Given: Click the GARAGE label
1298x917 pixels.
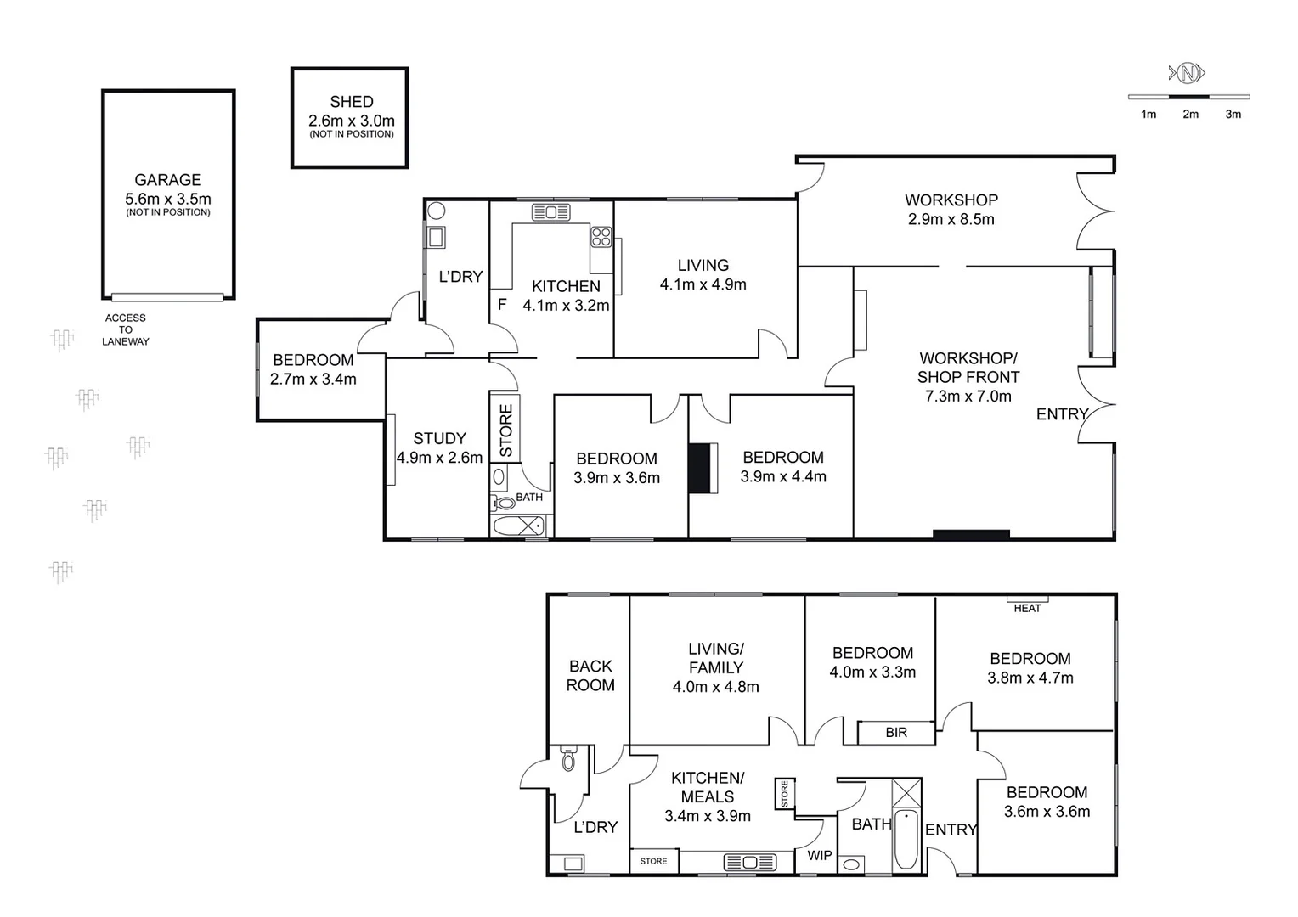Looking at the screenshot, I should pyautogui.click(x=167, y=180).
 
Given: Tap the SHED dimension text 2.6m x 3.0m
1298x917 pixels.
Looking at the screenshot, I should pyautogui.click(x=351, y=121).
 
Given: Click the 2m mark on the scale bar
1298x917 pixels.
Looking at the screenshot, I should pyautogui.click(x=1190, y=114).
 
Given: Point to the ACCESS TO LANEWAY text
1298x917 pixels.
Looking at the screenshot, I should pyautogui.click(x=125, y=329).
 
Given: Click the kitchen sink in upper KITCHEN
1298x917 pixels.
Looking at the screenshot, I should pyautogui.click(x=550, y=212).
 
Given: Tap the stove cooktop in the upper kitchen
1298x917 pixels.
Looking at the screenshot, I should pyautogui.click(x=601, y=236).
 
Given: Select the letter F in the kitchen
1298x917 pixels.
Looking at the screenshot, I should pyautogui.click(x=502, y=304).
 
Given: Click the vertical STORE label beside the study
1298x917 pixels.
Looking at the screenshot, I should pyautogui.click(x=506, y=430).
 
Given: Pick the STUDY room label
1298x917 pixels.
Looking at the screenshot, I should pyautogui.click(x=439, y=438).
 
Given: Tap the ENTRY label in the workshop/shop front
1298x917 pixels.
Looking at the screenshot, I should pyautogui.click(x=1061, y=414).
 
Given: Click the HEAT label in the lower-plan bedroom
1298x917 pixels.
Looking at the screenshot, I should pyautogui.click(x=1027, y=608).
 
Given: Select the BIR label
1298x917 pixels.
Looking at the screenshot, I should pyautogui.click(x=895, y=732).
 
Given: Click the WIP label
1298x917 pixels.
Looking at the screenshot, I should pyautogui.click(x=819, y=855).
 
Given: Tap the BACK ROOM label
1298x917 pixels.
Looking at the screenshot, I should pyautogui.click(x=590, y=676).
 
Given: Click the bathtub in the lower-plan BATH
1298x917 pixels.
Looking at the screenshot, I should pyautogui.click(x=906, y=840).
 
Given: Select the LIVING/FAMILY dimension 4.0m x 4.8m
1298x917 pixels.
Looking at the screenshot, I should pyautogui.click(x=715, y=687).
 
